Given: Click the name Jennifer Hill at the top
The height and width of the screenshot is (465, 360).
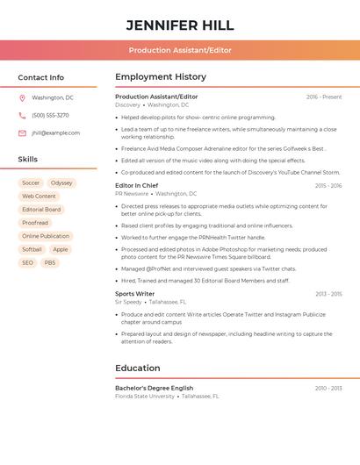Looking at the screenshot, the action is (x=180, y=25).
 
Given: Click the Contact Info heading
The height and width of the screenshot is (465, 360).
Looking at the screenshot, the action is (x=41, y=77).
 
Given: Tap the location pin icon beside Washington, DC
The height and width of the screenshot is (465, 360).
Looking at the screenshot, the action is (x=22, y=98).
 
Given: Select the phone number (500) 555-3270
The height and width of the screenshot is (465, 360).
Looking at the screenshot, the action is (x=50, y=116).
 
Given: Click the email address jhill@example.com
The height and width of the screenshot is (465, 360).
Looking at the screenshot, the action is (x=55, y=133).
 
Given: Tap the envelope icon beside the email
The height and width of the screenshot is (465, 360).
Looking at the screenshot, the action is (x=22, y=133).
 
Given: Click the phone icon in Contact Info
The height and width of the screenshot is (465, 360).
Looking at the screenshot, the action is (x=22, y=116).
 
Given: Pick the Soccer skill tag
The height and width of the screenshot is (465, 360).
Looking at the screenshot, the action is (x=31, y=183).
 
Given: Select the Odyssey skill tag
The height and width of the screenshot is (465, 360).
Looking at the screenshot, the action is (x=61, y=183).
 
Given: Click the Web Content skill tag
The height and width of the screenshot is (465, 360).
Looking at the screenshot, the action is (x=39, y=197).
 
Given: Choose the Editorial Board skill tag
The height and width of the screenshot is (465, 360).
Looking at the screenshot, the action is (x=41, y=210).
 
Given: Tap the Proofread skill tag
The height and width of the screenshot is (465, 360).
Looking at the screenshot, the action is (x=35, y=223).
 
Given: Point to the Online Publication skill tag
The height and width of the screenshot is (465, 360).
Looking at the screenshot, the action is (x=46, y=236).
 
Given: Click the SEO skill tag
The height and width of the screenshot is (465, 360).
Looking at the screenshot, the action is (x=28, y=262).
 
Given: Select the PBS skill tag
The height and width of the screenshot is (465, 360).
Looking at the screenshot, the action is (x=50, y=262).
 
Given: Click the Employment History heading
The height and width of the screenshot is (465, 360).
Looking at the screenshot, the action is (x=161, y=77).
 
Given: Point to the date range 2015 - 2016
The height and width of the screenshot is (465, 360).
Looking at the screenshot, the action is (x=328, y=186).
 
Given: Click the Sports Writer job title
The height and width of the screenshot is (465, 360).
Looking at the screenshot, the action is (x=134, y=294).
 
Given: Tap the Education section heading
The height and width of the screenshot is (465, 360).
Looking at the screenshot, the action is (x=138, y=368).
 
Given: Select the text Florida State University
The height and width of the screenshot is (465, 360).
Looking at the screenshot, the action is (x=145, y=397).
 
